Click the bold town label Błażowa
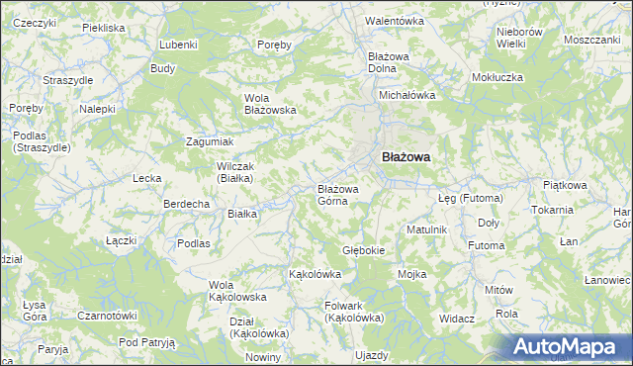click(406, 156)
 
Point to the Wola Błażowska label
click(271, 104)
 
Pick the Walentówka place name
click(394, 21)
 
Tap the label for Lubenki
click(178, 46)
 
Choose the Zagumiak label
click(210, 141)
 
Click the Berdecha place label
click(186, 204)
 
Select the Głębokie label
click(363, 250)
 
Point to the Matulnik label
click(427, 229)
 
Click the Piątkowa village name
click(566, 184)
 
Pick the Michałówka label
click(408, 95)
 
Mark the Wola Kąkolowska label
click(237, 291)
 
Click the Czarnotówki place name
click(108, 317)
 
